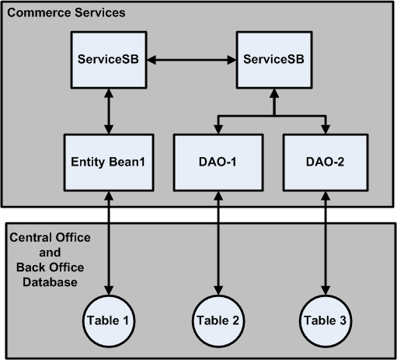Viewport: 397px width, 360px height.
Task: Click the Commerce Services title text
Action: [65, 14]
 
